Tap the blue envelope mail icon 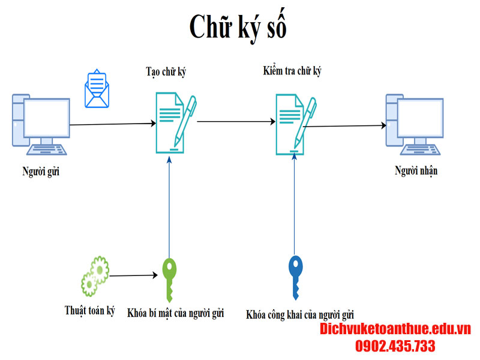pos(97,89)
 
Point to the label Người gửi pos(41,172)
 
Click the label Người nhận pos(416,171)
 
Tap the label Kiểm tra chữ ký pos(292,71)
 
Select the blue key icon pos(295,277)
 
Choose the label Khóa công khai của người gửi pos(300,314)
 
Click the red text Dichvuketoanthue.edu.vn pos(395,329)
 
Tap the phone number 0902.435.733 pos(395,346)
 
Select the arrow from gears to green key pos(133,276)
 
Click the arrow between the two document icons pos(236,121)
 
